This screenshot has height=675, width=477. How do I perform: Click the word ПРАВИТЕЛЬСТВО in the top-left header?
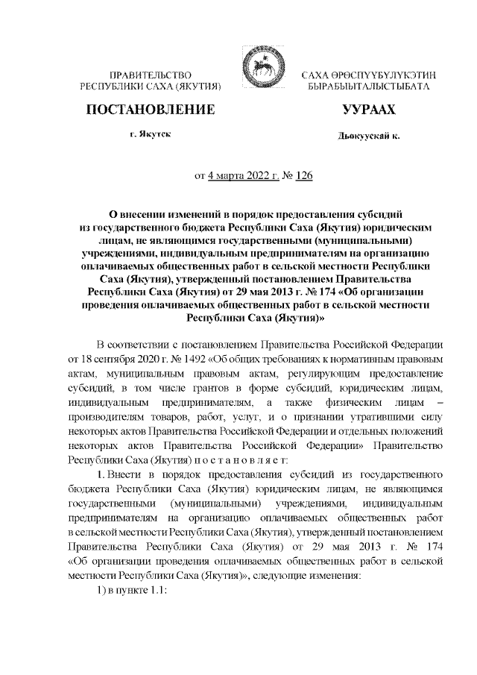pyautogui.click(x=151, y=77)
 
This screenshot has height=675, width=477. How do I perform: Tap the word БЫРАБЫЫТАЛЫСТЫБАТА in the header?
pyautogui.click(x=369, y=87)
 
